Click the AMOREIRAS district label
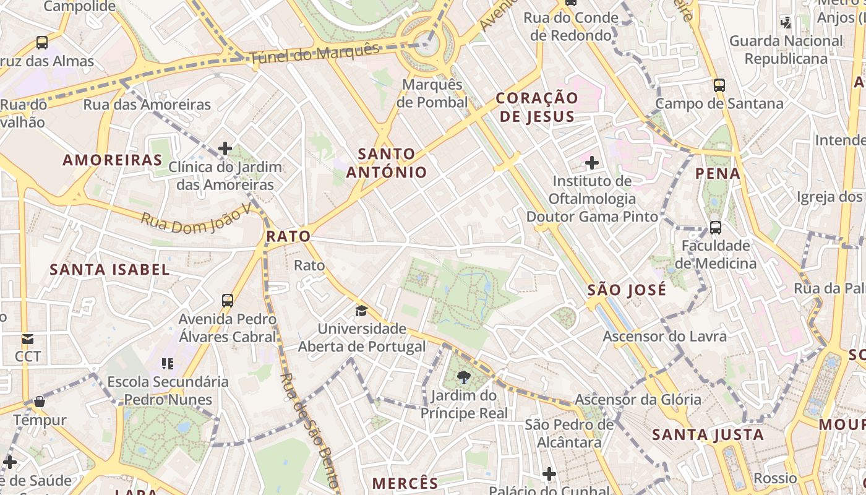click(x=113, y=160)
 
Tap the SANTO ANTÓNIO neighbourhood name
click(x=387, y=163)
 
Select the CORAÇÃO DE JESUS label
click(x=537, y=107)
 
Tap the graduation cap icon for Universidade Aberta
click(x=361, y=311)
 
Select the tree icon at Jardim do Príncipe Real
click(x=463, y=377)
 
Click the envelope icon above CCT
click(x=28, y=338)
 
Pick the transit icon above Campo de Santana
click(x=719, y=85)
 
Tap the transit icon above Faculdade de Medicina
click(x=716, y=227)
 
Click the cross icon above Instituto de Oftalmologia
click(x=592, y=163)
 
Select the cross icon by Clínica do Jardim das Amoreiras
click(x=225, y=148)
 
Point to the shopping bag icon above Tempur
click(x=40, y=402)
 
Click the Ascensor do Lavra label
click(x=664, y=337)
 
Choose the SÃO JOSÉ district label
click(x=627, y=290)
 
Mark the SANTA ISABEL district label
click(x=109, y=270)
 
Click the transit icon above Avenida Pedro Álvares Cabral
click(x=228, y=301)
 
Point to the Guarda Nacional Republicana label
click(x=786, y=50)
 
